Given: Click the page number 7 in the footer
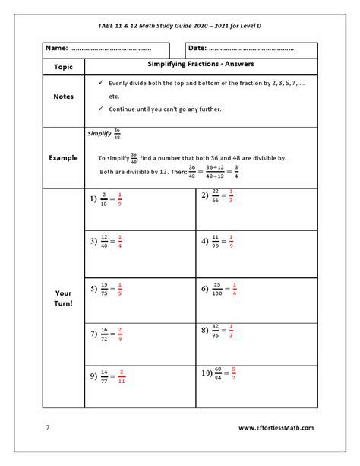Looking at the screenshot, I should click(46, 427).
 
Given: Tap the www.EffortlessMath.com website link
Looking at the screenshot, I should click(276, 427).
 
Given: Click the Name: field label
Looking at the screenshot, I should click(58, 48).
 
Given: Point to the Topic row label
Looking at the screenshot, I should click(64, 66).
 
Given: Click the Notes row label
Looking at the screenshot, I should click(64, 97).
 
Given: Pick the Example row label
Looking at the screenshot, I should click(64, 157).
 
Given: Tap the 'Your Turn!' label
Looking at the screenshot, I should click(64, 299).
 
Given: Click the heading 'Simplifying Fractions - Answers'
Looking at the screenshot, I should click(200, 64).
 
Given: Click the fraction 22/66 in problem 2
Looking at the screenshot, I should click(216, 195).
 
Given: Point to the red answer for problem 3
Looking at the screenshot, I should click(120, 243).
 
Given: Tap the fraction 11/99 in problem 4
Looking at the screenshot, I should click(216, 242).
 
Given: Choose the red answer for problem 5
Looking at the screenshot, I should click(120, 290).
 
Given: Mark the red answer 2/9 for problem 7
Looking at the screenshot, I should click(120, 334).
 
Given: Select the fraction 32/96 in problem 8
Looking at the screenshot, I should click(216, 331).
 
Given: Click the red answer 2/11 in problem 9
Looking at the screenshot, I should click(122, 377).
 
